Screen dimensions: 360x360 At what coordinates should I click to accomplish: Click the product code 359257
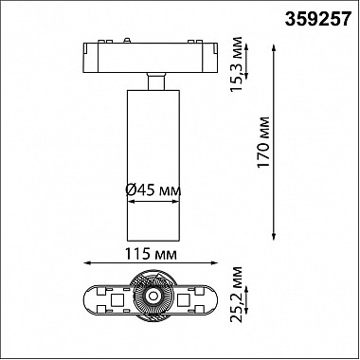[318, 20]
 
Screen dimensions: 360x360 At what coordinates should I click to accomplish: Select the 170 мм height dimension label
[263, 142]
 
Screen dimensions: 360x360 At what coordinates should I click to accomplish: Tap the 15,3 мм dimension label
[236, 64]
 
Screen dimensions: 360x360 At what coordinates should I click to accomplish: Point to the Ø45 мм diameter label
[153, 190]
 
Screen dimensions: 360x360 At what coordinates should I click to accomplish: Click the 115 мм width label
[151, 254]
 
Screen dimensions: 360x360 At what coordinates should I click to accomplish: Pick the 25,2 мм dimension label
[236, 295]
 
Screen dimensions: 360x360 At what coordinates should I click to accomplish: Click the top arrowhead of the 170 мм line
[274, 48]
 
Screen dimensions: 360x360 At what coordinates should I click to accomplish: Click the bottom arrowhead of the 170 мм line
[274, 237]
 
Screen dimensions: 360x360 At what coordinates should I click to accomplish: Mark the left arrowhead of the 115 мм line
[87, 262]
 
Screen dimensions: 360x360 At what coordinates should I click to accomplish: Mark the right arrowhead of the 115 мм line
[214, 262]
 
